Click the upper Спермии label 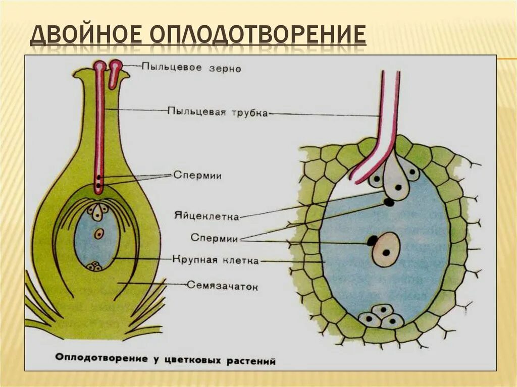point(197,176)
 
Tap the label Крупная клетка point(215,261)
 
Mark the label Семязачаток point(223,286)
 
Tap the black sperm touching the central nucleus point(372,241)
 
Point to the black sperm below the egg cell point(389,203)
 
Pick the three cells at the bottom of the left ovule point(94,266)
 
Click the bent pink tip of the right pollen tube point(357,177)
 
